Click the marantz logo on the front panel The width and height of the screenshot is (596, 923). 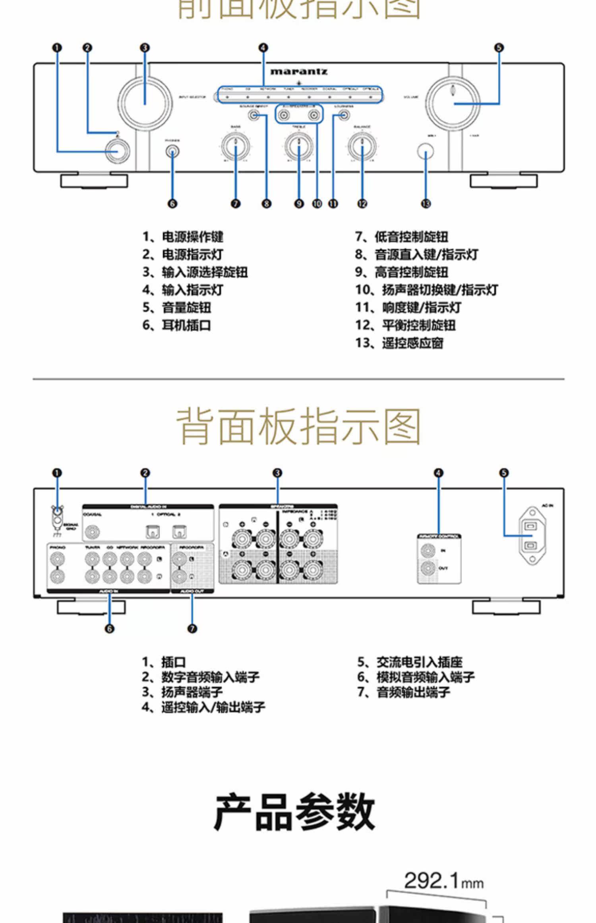point(299,72)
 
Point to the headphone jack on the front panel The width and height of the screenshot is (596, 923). point(172,151)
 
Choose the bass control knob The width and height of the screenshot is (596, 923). point(236,146)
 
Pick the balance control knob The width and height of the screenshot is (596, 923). point(362,146)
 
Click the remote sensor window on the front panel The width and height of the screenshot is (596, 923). point(426,151)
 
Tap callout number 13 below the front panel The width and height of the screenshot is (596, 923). point(426,204)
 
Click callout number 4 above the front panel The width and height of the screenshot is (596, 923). point(263,48)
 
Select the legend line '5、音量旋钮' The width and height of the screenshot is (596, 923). point(177,308)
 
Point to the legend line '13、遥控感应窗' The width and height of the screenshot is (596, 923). point(399,343)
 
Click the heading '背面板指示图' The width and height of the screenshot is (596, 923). point(298,426)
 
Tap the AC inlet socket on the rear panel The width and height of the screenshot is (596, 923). point(532,535)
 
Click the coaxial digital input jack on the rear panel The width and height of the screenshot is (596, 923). point(91,531)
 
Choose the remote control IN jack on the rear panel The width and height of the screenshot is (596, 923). point(428,551)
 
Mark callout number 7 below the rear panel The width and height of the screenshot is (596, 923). point(192,628)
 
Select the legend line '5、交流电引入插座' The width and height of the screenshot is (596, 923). point(410,662)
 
